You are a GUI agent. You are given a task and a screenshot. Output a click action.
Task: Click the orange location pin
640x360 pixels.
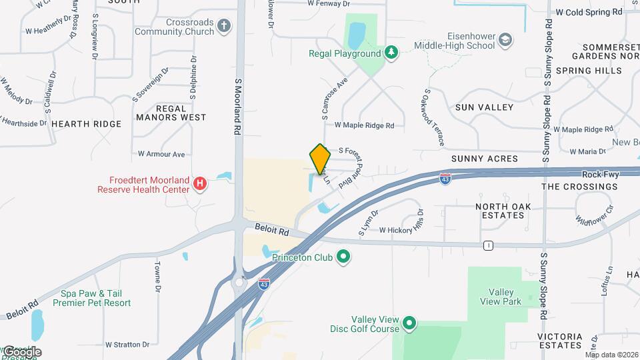[320, 159]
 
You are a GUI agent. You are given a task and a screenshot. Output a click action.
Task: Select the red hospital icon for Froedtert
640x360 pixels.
[199, 183]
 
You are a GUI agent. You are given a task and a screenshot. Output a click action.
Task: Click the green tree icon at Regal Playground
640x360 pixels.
[391, 53]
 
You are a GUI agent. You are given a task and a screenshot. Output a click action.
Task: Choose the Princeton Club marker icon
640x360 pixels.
[343, 256]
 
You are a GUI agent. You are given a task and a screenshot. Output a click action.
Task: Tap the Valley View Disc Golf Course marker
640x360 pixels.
[409, 325]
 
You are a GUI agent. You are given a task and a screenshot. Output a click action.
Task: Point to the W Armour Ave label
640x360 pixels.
[161, 154]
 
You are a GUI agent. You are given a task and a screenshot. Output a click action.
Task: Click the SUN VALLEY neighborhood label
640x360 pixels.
[484, 107]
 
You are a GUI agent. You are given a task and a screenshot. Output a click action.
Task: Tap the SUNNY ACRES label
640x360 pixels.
[484, 159]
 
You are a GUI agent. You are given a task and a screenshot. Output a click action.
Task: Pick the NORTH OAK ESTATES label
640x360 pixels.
[503, 211]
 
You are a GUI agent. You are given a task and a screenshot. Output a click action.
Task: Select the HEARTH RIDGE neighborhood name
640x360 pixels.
[87, 124]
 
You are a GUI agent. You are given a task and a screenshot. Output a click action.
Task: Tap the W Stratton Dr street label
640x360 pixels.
[127, 345]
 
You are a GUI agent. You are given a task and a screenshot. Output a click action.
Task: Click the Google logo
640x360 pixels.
[21, 351]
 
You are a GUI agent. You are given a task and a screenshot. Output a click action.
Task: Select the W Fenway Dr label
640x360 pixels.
[328, 4]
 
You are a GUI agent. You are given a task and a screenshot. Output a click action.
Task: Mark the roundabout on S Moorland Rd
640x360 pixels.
[239, 283]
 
